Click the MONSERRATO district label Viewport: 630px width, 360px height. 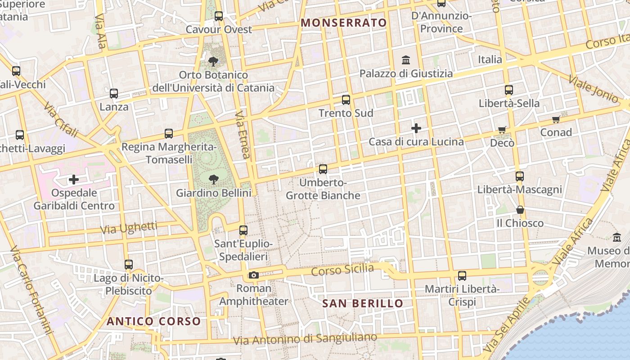[x=344, y=22]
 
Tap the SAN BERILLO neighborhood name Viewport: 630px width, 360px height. [x=363, y=303]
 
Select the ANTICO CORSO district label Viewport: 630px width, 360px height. [x=153, y=321]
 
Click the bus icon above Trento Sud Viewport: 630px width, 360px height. [x=346, y=100]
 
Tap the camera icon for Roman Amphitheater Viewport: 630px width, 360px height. [x=254, y=275]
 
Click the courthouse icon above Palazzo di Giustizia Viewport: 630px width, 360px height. [x=406, y=60]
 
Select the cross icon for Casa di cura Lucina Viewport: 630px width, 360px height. [x=416, y=129]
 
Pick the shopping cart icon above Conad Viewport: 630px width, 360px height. [x=556, y=119]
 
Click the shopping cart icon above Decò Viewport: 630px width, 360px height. [x=502, y=130]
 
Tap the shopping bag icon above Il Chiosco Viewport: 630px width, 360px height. [x=520, y=210]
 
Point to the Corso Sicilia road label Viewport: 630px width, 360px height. [x=342, y=270]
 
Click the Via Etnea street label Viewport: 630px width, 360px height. [x=242, y=135]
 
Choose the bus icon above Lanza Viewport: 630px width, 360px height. [x=114, y=94]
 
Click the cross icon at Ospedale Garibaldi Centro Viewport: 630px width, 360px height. [x=74, y=180]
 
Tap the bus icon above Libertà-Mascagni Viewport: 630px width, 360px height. [x=520, y=176]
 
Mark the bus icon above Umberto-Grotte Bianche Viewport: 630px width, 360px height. [x=323, y=169]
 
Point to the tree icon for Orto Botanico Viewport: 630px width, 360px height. [x=213, y=61]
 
